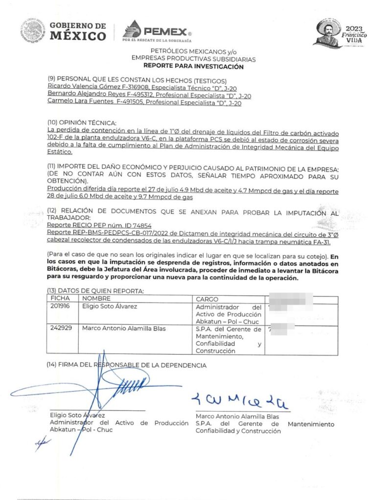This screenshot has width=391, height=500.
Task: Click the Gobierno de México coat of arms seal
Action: click(x=33, y=31)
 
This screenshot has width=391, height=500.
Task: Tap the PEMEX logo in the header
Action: click(x=157, y=32)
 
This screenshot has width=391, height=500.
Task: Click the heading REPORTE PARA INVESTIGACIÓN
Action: click(x=193, y=66)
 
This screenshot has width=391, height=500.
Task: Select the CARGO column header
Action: click(x=207, y=299)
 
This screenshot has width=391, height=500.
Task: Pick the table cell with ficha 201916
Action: click(x=61, y=307)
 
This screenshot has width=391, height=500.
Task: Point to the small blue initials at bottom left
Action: click(x=43, y=442)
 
